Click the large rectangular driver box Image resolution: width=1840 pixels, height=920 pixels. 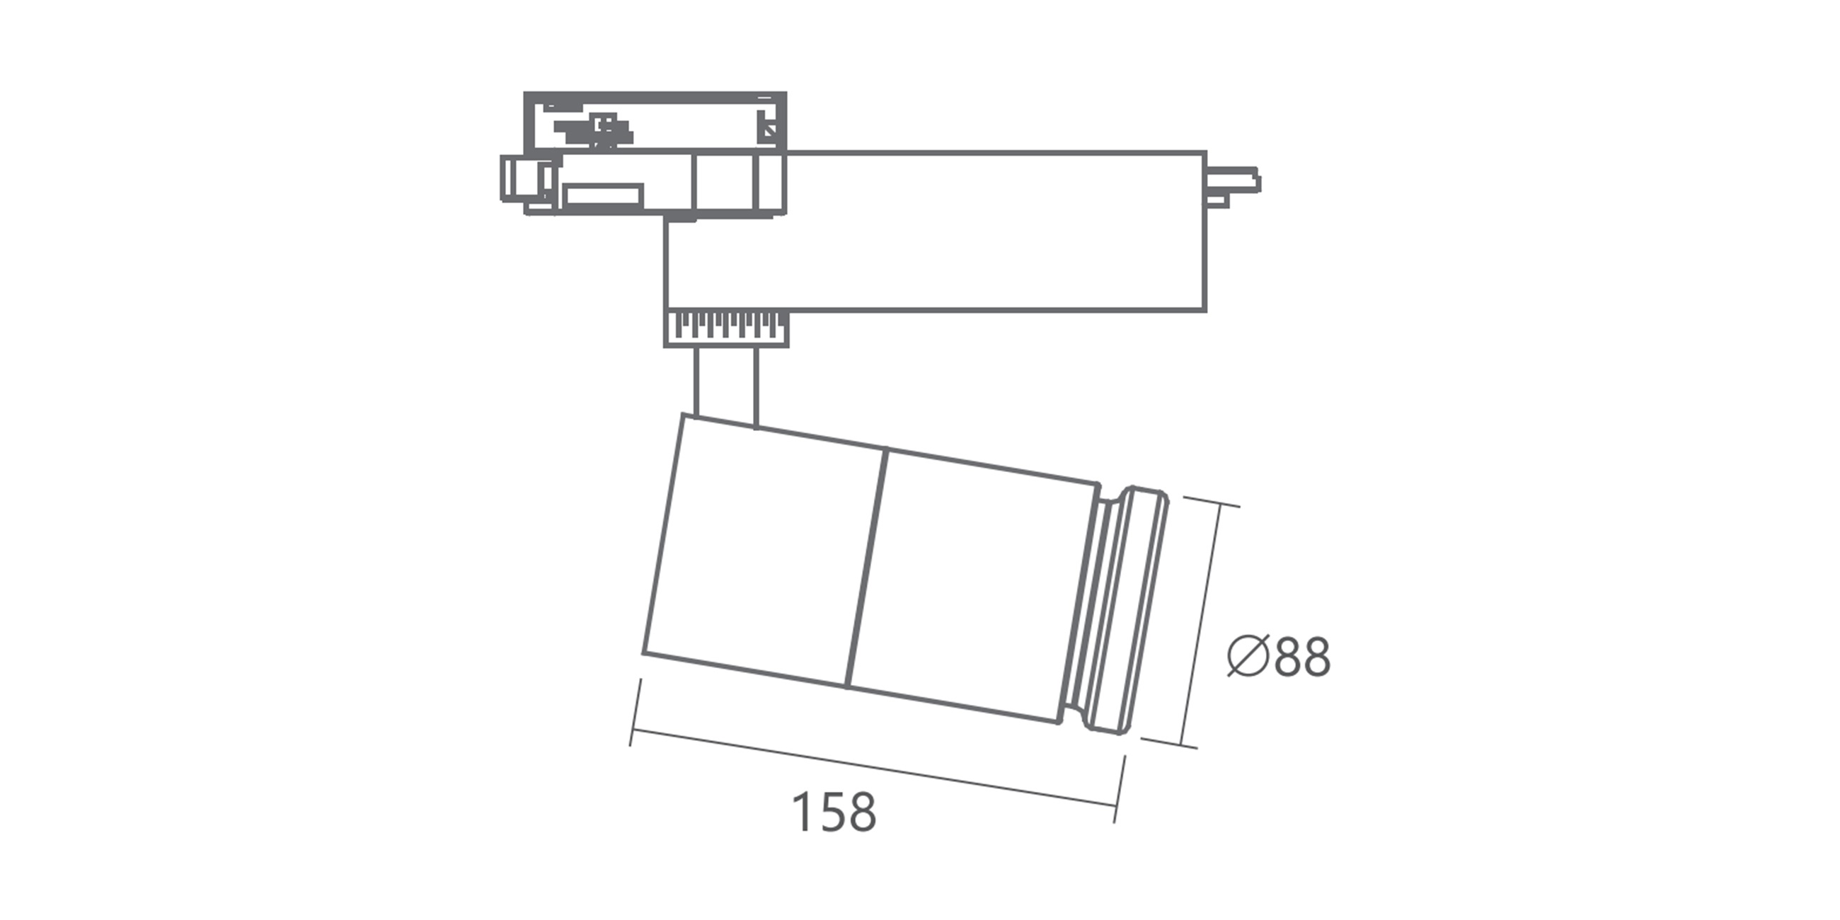pyautogui.click(x=935, y=231)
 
